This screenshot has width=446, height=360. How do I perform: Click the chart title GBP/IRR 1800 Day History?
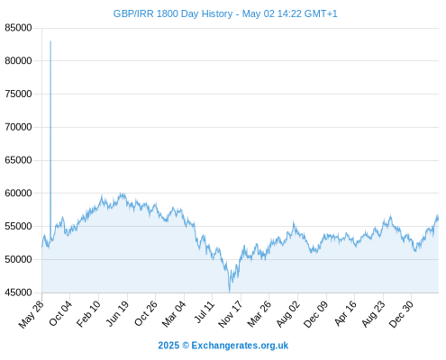pos(173,13)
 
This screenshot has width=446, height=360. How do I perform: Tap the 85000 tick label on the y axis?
pos(18,28)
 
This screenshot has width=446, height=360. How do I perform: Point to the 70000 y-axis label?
pos(18,127)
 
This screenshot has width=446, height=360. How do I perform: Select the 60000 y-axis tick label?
pos(18,193)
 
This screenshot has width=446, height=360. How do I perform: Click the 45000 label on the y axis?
pos(18,292)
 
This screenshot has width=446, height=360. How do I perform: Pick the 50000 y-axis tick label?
pos(18,259)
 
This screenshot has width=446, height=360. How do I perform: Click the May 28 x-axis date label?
pos(32,314)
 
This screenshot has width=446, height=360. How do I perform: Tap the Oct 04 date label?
pos(60,313)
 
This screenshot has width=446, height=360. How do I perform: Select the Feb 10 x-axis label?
pos(88,314)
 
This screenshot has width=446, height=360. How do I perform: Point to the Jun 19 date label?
pos(117,313)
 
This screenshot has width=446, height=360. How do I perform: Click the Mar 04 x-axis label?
pos(174,314)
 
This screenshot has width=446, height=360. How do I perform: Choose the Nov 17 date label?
pos(230,314)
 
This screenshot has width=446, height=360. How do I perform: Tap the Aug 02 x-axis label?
pos(288,314)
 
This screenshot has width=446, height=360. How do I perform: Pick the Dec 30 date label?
pos(401,314)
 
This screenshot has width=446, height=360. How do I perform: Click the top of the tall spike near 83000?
pos(50,41)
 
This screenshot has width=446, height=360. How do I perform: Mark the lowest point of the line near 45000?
pos(230,292)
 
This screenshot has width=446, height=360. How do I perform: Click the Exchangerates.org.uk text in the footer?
pos(240,346)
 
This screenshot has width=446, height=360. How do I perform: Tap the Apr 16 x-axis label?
pos(345,313)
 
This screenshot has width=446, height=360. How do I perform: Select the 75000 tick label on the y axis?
pos(18,94)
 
